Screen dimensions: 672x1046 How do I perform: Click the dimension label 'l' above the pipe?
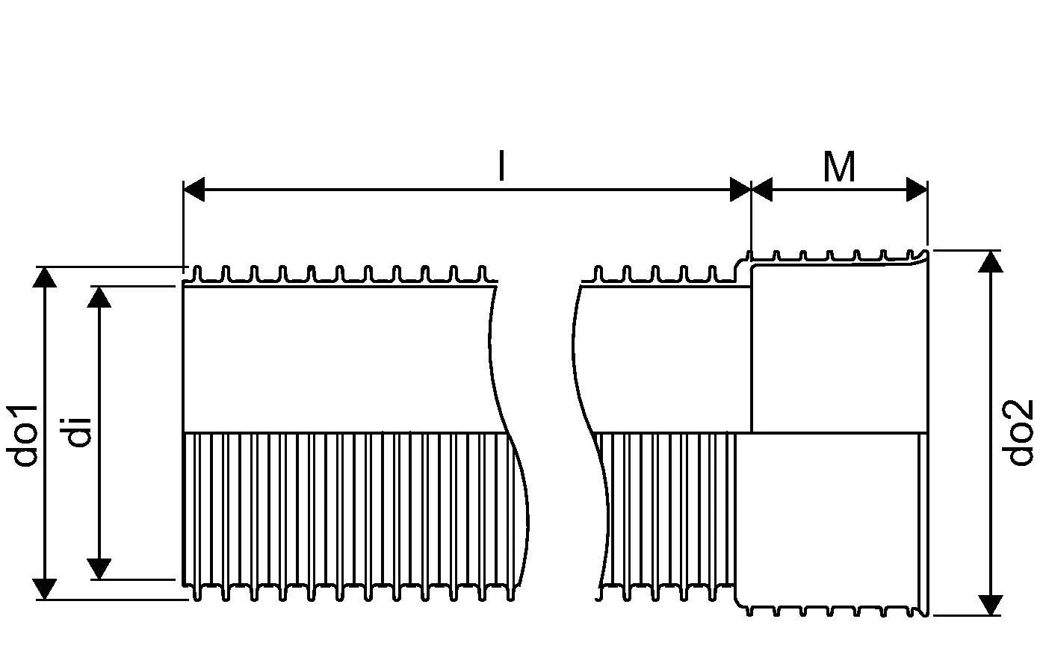tap(501, 167)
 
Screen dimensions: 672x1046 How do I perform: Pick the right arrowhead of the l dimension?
tap(740, 190)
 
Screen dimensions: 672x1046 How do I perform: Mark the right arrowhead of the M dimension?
tap(917, 190)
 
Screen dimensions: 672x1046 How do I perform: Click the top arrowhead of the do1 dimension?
tap(46, 277)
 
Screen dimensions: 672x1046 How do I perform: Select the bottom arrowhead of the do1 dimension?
tap(46, 588)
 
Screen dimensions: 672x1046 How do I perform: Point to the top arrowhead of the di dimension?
tap(99, 296)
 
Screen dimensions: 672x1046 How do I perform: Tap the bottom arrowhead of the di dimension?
tap(99, 568)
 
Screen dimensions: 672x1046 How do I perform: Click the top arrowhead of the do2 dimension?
tap(991, 261)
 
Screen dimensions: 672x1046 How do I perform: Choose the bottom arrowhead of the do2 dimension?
tap(991, 604)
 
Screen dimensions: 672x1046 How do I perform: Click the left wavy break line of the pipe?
tap(508, 433)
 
